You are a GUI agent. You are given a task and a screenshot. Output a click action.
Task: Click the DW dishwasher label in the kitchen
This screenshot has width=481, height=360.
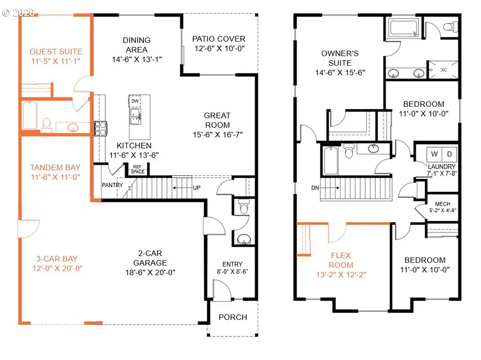(x=135, y=101)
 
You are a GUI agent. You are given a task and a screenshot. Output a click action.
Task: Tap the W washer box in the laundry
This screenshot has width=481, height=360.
(x=435, y=154)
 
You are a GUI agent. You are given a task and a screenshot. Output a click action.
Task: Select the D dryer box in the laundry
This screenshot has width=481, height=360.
(x=449, y=154)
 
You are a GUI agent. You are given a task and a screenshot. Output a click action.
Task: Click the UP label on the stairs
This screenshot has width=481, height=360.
(x=197, y=187)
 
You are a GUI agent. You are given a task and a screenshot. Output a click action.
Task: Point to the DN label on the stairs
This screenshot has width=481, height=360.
(x=315, y=188)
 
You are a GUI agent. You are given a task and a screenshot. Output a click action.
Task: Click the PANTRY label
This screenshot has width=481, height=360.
(x=112, y=185)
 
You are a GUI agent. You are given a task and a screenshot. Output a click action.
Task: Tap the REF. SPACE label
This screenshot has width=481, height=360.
(x=137, y=169)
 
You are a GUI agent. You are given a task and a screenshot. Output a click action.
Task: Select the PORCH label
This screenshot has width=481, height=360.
(x=233, y=317)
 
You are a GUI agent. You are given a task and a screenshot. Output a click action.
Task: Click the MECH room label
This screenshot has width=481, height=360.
(x=443, y=204)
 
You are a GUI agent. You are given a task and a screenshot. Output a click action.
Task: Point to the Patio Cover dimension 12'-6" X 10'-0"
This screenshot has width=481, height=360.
(x=219, y=49)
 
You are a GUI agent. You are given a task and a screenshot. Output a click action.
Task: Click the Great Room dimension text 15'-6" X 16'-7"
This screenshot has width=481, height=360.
(x=218, y=135)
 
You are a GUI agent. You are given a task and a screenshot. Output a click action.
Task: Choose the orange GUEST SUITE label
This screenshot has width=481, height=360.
(x=56, y=51)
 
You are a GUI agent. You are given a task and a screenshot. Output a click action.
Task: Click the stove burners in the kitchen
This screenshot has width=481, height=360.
(x=100, y=129)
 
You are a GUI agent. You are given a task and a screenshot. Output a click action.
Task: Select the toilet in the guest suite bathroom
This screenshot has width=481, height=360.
(x=46, y=125)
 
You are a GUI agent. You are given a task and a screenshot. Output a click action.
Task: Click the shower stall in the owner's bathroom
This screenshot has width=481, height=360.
(x=443, y=70)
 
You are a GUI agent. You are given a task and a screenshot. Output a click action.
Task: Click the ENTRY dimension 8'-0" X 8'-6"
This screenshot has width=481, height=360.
(x=232, y=271)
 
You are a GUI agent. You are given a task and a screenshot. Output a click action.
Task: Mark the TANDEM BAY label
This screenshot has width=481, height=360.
(x=55, y=167)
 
